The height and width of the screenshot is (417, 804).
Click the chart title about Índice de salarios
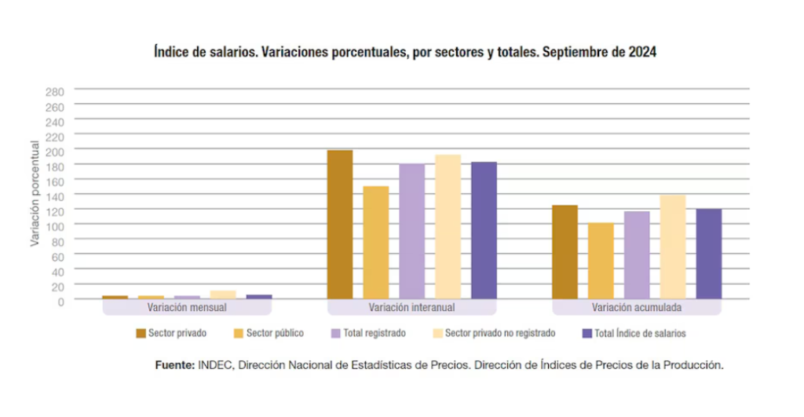click(404, 53)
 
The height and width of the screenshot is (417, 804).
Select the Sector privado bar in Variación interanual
click(340, 225)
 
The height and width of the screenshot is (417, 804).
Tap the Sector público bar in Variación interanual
click(376, 243)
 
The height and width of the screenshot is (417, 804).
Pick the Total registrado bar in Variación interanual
click(412, 232)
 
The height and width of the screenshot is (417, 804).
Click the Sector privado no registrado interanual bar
click(448, 227)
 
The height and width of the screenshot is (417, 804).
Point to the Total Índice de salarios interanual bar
click(484, 230)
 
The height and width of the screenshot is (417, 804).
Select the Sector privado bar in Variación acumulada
click(565, 252)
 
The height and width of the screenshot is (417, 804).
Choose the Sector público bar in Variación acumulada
click(601, 261)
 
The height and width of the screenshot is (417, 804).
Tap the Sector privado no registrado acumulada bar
click(673, 247)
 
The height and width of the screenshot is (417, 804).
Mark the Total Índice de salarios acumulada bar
click(709, 254)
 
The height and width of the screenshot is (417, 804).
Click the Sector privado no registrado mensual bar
click(222, 294)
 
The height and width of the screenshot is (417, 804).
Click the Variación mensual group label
click(187, 307)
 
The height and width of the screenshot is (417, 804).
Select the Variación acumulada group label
click(637, 307)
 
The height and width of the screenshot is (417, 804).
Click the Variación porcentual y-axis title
click(35, 193)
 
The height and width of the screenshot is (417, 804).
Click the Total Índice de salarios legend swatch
click(587, 333)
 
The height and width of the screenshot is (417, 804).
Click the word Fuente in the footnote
click(174, 365)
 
